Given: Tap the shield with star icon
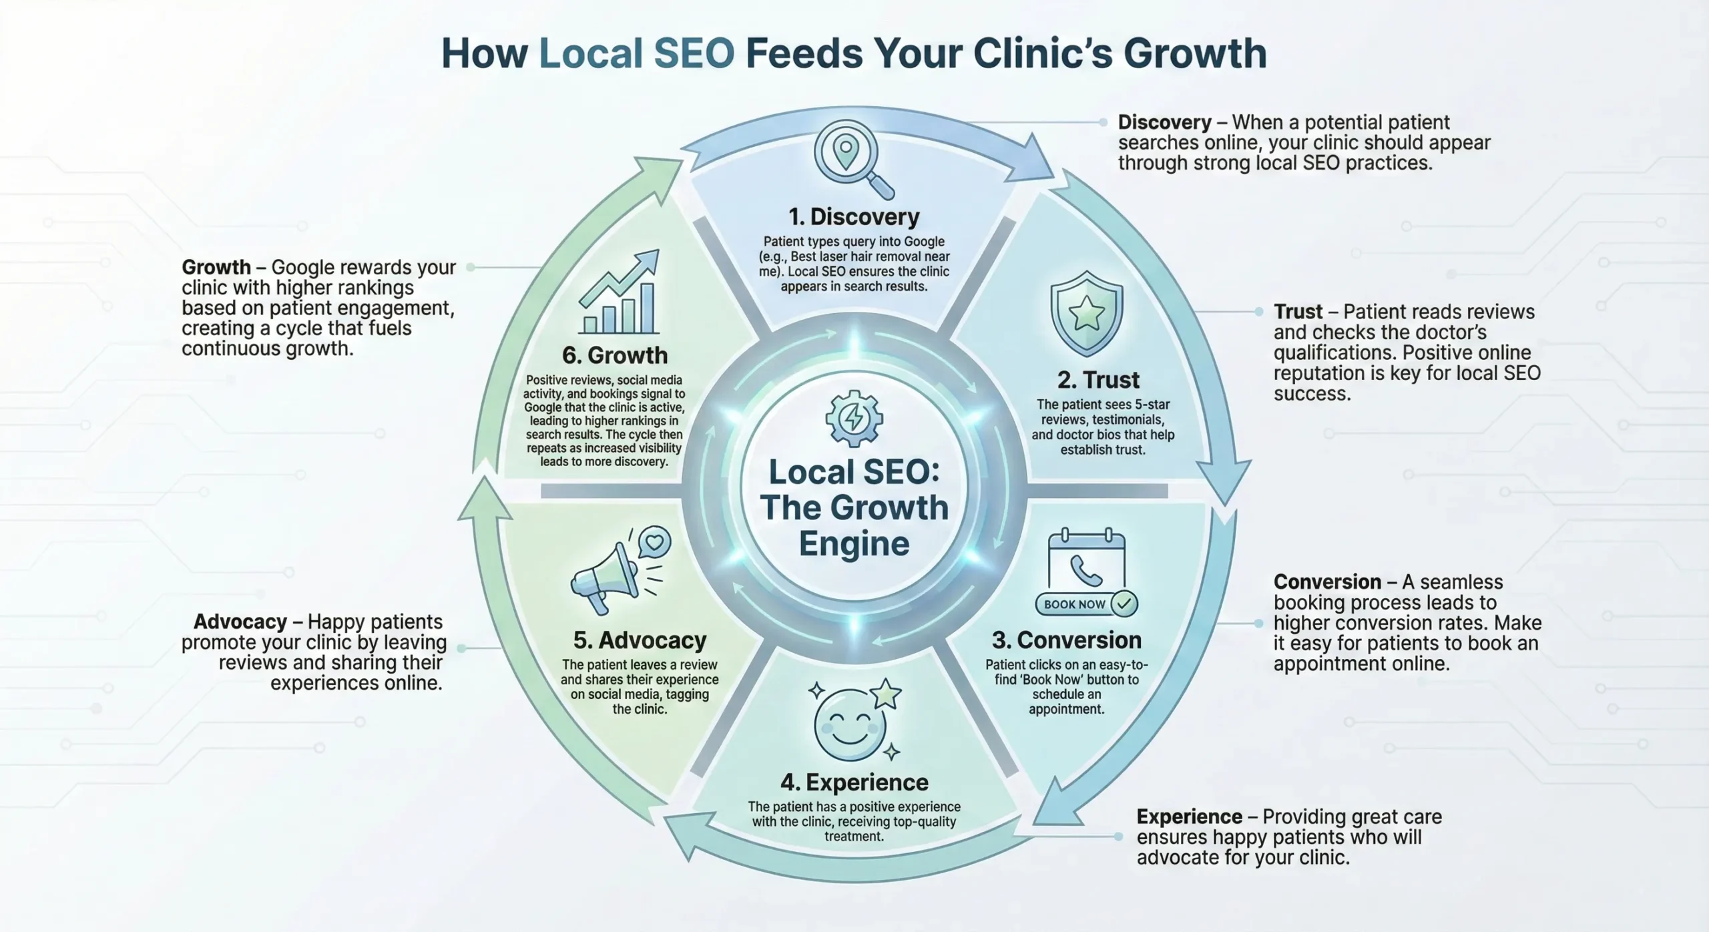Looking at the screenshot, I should tap(1086, 313).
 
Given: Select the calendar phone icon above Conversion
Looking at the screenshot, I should tap(1086, 561).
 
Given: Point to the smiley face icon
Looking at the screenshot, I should tap(851, 723).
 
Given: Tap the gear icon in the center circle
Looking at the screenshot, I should tap(854, 419).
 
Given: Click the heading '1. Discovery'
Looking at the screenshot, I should tap(854, 217).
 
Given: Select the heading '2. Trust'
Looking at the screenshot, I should tap(1098, 380).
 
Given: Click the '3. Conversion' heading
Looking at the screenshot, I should tap(1066, 640).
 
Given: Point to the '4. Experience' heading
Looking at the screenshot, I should tap(854, 782).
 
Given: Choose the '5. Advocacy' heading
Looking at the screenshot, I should tap(640, 640).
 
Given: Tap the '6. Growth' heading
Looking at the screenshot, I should tap(614, 355).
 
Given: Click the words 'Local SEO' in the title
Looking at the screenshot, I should tap(636, 53).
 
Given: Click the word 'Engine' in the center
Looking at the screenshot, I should tap(854, 543).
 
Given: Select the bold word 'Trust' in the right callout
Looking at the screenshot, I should tap(1297, 312).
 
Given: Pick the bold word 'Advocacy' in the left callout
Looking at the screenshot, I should tap(240, 622).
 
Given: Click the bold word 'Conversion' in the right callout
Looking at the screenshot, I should tap(1326, 581).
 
